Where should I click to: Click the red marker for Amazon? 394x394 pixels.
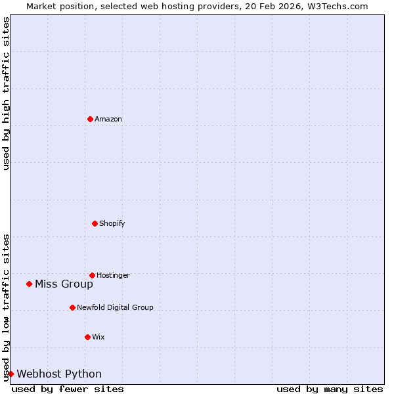coord(90,119)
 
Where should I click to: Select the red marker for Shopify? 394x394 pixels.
coord(95,223)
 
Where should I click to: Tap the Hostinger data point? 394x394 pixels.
coord(92,275)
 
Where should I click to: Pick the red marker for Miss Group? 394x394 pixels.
coord(29,284)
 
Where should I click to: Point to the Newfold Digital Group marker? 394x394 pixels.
coord(72,307)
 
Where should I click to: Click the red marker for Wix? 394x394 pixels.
coord(87,337)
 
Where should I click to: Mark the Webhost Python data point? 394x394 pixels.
coord(11,374)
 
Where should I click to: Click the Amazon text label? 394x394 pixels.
coord(108,119)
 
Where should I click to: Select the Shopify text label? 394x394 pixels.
coord(112,223)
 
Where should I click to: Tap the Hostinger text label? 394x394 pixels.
coord(114,275)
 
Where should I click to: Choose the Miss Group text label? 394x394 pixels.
coord(64,284)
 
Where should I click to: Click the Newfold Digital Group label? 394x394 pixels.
coord(115,307)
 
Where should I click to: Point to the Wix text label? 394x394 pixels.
coord(98,337)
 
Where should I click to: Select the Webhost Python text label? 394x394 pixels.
coord(59,374)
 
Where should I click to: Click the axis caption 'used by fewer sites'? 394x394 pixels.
coord(68,389)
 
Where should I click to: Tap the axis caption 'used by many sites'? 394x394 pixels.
coord(330,389)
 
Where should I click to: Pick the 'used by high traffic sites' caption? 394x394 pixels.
coord(6,93)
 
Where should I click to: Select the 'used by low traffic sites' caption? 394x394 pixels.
coord(6,307)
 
